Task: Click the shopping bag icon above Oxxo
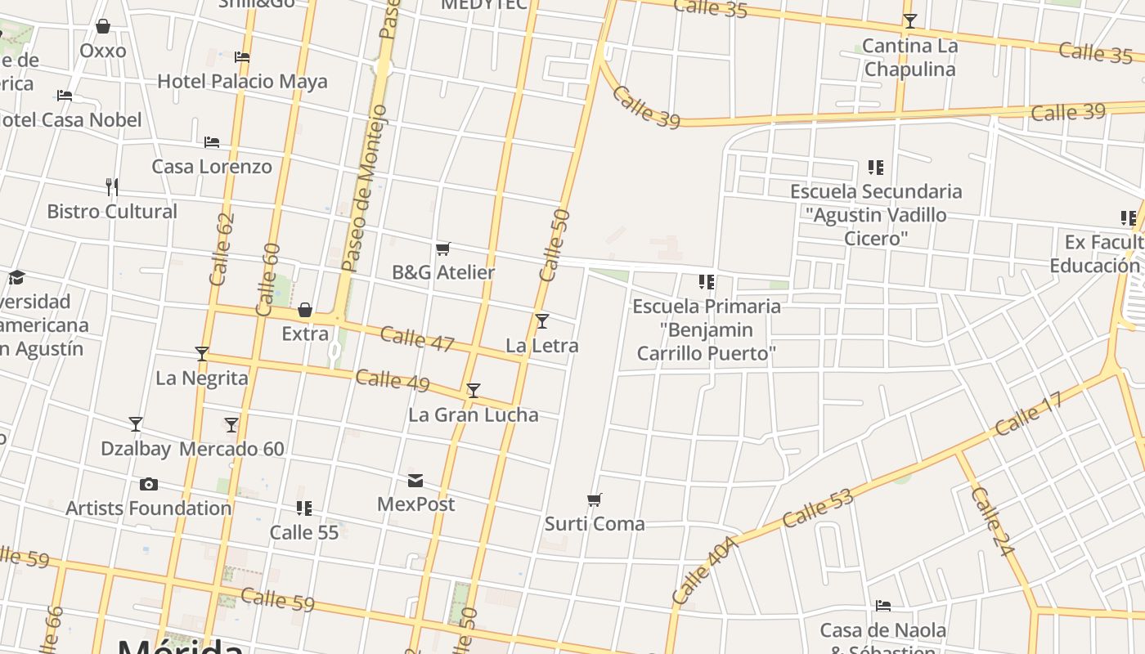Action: pyautogui.click(x=103, y=27)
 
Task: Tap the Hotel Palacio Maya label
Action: pyautogui.click(x=242, y=81)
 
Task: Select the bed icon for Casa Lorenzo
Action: pyautogui.click(x=212, y=142)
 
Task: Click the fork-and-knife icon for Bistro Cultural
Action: pyautogui.click(x=112, y=187)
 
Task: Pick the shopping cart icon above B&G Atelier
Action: pyautogui.click(x=443, y=249)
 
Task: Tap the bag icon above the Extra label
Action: pyautogui.click(x=305, y=310)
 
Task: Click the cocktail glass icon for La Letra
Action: pyautogui.click(x=542, y=321)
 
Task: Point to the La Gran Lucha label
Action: pyautogui.click(x=474, y=414)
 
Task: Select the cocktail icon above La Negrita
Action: pyautogui.click(x=202, y=354)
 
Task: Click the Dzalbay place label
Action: pyautogui.click(x=136, y=449)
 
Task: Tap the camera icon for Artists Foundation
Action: pyautogui.click(x=148, y=484)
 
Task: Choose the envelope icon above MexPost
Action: pyautogui.click(x=415, y=480)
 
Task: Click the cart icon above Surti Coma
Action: pyautogui.click(x=595, y=499)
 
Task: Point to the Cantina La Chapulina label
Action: pyautogui.click(x=909, y=57)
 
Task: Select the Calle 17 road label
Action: pyautogui.click(x=1028, y=414)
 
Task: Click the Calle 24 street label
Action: pyautogui.click(x=992, y=522)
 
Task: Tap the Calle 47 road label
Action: pyautogui.click(x=417, y=338)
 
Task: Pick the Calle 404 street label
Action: pyautogui.click(x=704, y=571)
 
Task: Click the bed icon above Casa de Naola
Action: pyautogui.click(x=883, y=607)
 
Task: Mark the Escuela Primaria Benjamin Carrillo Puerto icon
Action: pyautogui.click(x=707, y=283)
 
